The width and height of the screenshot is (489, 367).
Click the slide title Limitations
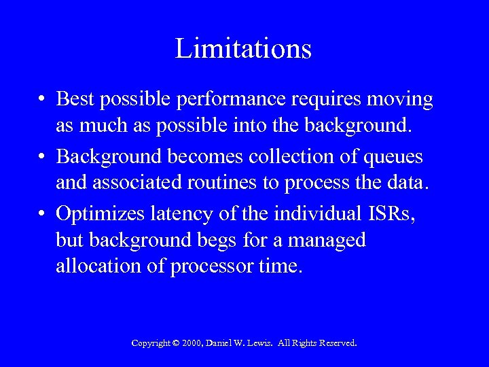pos(244,49)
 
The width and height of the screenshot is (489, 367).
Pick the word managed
pos(329,240)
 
